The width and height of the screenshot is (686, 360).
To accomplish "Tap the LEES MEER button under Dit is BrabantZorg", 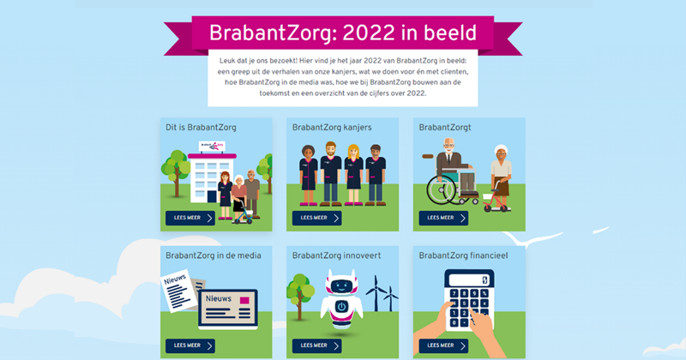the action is (x=190, y=218).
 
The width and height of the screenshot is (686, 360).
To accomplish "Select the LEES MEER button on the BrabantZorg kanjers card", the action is (x=316, y=218).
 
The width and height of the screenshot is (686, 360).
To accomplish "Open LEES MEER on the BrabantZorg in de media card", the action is (x=190, y=345).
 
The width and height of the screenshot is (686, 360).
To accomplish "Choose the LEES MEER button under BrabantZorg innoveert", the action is (x=316, y=345).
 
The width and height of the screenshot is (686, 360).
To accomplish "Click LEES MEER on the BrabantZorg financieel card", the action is (x=443, y=345).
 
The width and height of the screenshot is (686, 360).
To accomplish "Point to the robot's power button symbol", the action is (x=341, y=306).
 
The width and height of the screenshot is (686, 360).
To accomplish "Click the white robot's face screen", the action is (x=341, y=286).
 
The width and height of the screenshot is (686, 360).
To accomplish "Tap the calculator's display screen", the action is (x=469, y=279).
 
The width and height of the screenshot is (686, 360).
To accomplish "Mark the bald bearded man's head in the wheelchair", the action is (x=448, y=146).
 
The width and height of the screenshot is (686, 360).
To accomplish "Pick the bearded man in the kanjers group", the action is (x=331, y=174).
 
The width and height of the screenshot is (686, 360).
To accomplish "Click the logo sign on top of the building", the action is (x=212, y=146).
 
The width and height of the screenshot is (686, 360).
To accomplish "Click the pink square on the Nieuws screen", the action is (x=244, y=301).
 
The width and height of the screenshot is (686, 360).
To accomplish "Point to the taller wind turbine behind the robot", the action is (x=376, y=293).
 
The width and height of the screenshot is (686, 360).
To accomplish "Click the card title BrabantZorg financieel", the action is (x=463, y=255).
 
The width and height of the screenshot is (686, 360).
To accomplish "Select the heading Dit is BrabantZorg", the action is (x=201, y=128).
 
